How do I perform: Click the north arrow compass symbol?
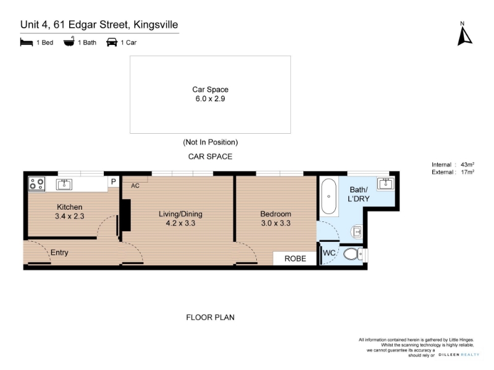464,35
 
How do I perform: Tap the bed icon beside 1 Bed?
27,42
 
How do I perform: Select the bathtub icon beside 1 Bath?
69,41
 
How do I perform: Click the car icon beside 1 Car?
112,42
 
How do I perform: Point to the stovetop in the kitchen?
36,184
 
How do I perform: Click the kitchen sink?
64,184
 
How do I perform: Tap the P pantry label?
114,181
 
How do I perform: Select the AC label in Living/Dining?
135,186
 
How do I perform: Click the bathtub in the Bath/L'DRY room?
329,197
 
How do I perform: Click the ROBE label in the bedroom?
295,258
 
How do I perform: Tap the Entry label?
59,253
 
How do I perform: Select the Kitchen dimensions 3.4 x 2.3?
70,216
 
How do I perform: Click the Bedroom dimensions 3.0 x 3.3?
275,223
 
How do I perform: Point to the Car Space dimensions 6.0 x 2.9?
210,99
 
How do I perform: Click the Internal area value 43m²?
467,165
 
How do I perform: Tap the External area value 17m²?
467,172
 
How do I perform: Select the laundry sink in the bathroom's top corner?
385,183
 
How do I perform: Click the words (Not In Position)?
211,142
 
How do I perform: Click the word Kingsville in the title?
156,25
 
